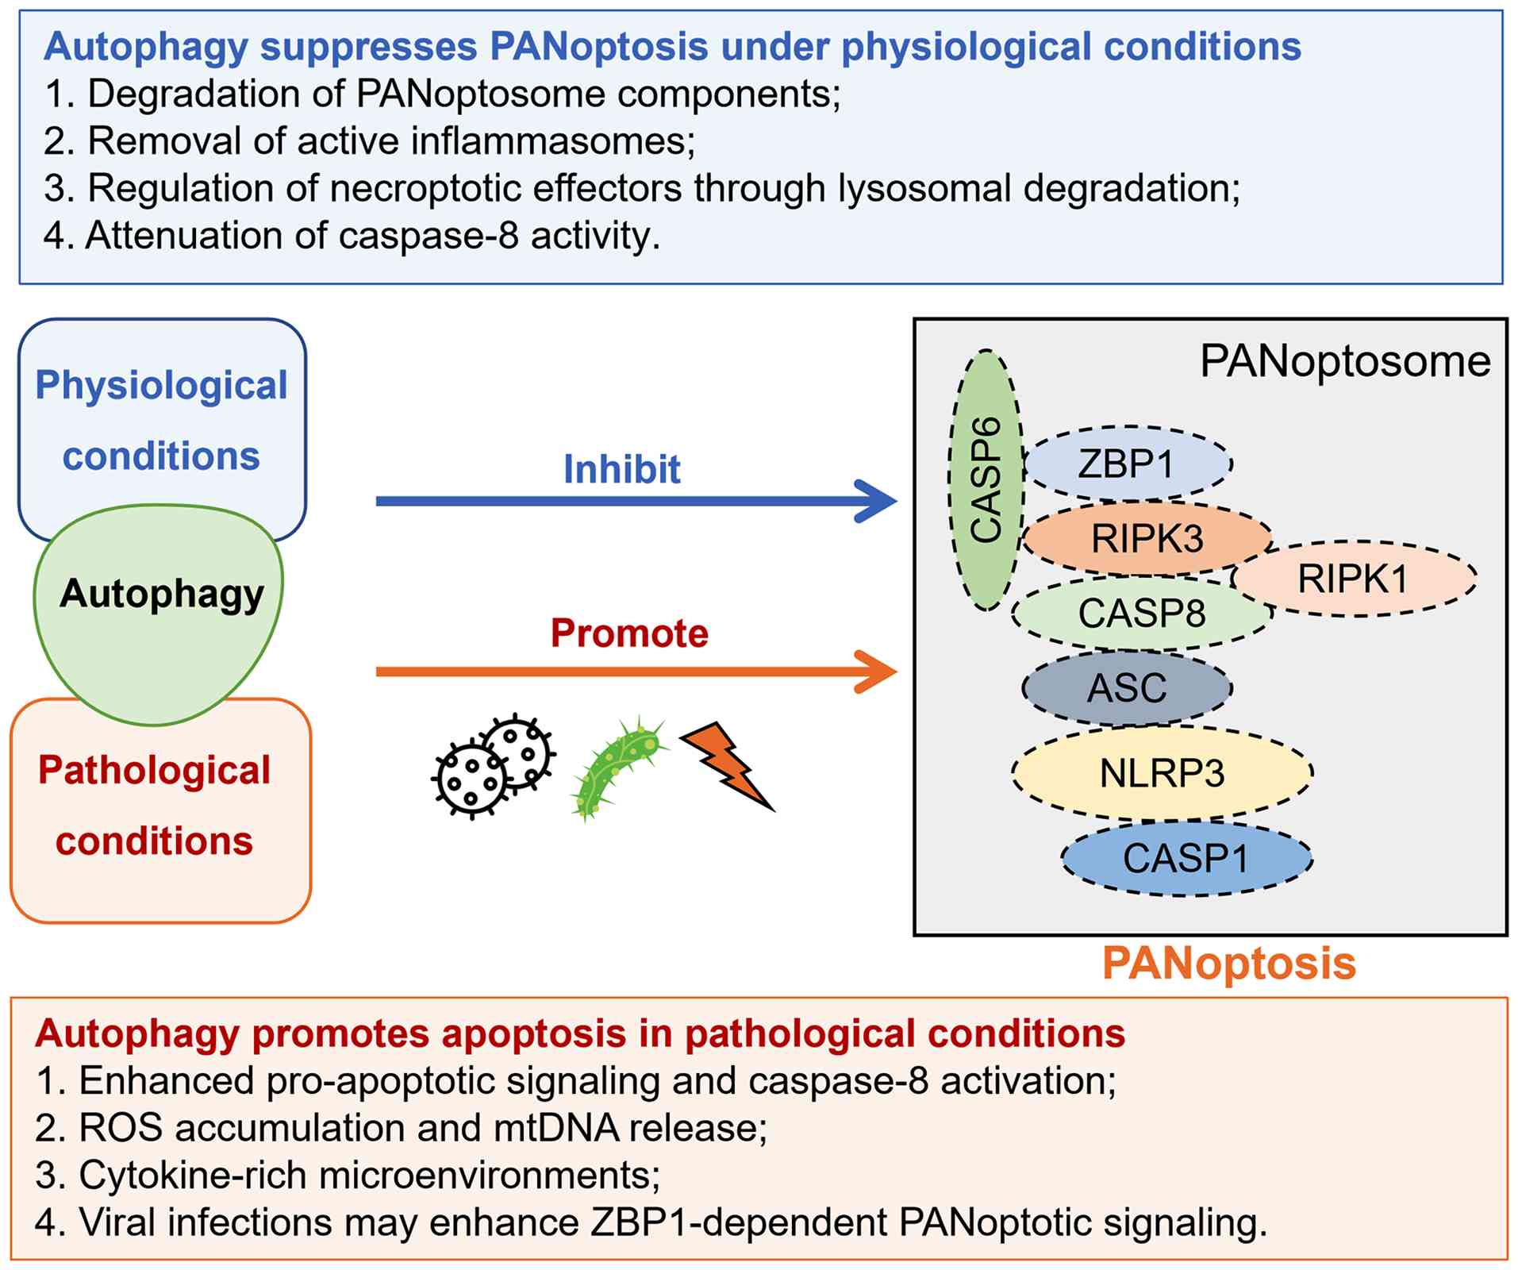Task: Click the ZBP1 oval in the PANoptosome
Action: click(x=1128, y=464)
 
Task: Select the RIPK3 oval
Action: click(x=1147, y=538)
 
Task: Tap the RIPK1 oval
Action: click(x=1353, y=578)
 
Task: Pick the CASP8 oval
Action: click(x=1142, y=613)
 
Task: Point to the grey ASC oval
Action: click(x=1127, y=687)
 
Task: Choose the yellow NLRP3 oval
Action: click(x=1162, y=772)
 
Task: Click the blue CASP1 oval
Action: click(x=1186, y=858)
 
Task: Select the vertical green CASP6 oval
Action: click(x=986, y=480)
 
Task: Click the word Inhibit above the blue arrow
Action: click(x=621, y=469)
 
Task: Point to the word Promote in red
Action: click(x=629, y=633)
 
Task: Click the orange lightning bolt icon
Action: click(x=727, y=766)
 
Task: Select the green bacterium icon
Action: click(x=617, y=768)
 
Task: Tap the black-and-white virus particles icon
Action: click(x=493, y=765)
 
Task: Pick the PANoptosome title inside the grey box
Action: click(x=1345, y=362)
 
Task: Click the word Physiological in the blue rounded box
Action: click(x=161, y=387)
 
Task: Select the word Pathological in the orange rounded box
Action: click(x=155, y=771)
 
